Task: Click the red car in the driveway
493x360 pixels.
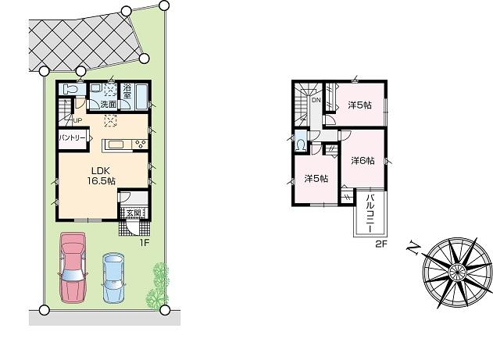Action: [x=72, y=266]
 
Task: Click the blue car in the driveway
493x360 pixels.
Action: [x=114, y=277]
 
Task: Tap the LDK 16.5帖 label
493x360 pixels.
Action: [x=102, y=175]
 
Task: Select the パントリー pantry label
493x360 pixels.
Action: [x=72, y=137]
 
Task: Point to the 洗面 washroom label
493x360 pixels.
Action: [x=108, y=104]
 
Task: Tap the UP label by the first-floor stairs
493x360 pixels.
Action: [x=77, y=120]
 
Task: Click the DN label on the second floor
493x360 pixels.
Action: [x=316, y=100]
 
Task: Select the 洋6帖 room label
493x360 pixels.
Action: [x=362, y=161]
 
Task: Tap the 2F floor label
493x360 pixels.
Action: [x=380, y=244]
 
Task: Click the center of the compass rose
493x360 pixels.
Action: [x=455, y=270]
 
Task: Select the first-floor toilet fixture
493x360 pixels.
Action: [x=69, y=90]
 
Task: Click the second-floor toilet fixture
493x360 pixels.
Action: [x=301, y=144]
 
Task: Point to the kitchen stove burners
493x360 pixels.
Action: [x=140, y=143]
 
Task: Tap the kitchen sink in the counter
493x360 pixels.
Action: [x=116, y=143]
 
